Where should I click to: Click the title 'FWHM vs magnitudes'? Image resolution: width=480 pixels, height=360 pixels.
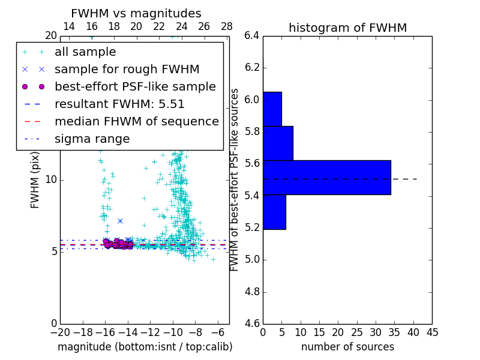136,13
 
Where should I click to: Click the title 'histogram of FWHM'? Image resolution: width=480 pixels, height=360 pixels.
347,28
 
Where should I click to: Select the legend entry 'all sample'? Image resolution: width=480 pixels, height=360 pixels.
85,52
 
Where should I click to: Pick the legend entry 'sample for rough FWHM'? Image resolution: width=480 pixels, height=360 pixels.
127,70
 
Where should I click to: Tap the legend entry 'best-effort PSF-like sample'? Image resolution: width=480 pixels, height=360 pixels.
135,87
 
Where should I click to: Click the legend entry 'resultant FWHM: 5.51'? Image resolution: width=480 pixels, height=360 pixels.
119,104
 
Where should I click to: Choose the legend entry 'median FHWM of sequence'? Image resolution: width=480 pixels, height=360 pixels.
136,122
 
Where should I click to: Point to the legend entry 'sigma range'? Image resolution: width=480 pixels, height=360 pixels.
92,139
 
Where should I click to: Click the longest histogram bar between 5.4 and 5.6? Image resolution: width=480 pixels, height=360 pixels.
326,178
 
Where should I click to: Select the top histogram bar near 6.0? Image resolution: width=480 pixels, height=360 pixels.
272,109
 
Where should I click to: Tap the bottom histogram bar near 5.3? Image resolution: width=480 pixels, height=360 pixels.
274,212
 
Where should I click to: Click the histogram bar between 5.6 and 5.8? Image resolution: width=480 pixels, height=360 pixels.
278,143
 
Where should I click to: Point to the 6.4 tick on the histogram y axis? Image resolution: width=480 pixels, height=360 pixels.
251,35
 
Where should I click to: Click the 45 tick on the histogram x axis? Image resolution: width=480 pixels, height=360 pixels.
432,332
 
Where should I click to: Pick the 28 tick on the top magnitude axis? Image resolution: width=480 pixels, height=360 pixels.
227,26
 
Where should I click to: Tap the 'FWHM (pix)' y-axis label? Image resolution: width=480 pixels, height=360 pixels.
35,179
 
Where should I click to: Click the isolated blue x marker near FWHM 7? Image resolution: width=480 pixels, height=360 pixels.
120,221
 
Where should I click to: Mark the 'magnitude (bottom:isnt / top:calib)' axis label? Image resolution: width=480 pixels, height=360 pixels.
145,347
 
